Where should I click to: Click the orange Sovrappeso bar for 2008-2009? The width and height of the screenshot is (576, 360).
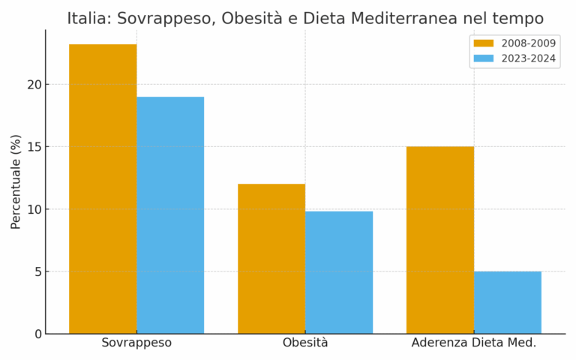coord(103,189)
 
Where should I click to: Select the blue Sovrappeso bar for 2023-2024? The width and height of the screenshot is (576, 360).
coord(170,215)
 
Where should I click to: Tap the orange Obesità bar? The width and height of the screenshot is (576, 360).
coord(271,259)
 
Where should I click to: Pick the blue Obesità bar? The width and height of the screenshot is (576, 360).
coord(339,272)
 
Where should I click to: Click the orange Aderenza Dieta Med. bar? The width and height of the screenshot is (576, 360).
coord(440,240)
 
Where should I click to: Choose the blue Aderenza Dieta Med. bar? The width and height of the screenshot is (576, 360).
coord(508,302)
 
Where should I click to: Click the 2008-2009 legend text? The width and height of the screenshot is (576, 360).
coord(528,43)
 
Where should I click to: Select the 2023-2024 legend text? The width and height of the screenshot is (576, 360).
coord(528,58)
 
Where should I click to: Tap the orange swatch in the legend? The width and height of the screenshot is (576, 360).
coord(484,43)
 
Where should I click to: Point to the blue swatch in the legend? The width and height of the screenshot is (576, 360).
coord(484,58)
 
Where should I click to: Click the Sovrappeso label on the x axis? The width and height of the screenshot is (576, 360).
coord(136,343)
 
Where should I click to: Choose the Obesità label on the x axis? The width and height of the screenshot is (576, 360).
coord(305,343)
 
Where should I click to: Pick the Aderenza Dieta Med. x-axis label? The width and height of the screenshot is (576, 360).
coord(474,343)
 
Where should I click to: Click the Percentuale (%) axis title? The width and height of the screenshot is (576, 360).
coord(16,181)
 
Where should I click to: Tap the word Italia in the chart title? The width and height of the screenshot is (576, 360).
coord(86,19)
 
